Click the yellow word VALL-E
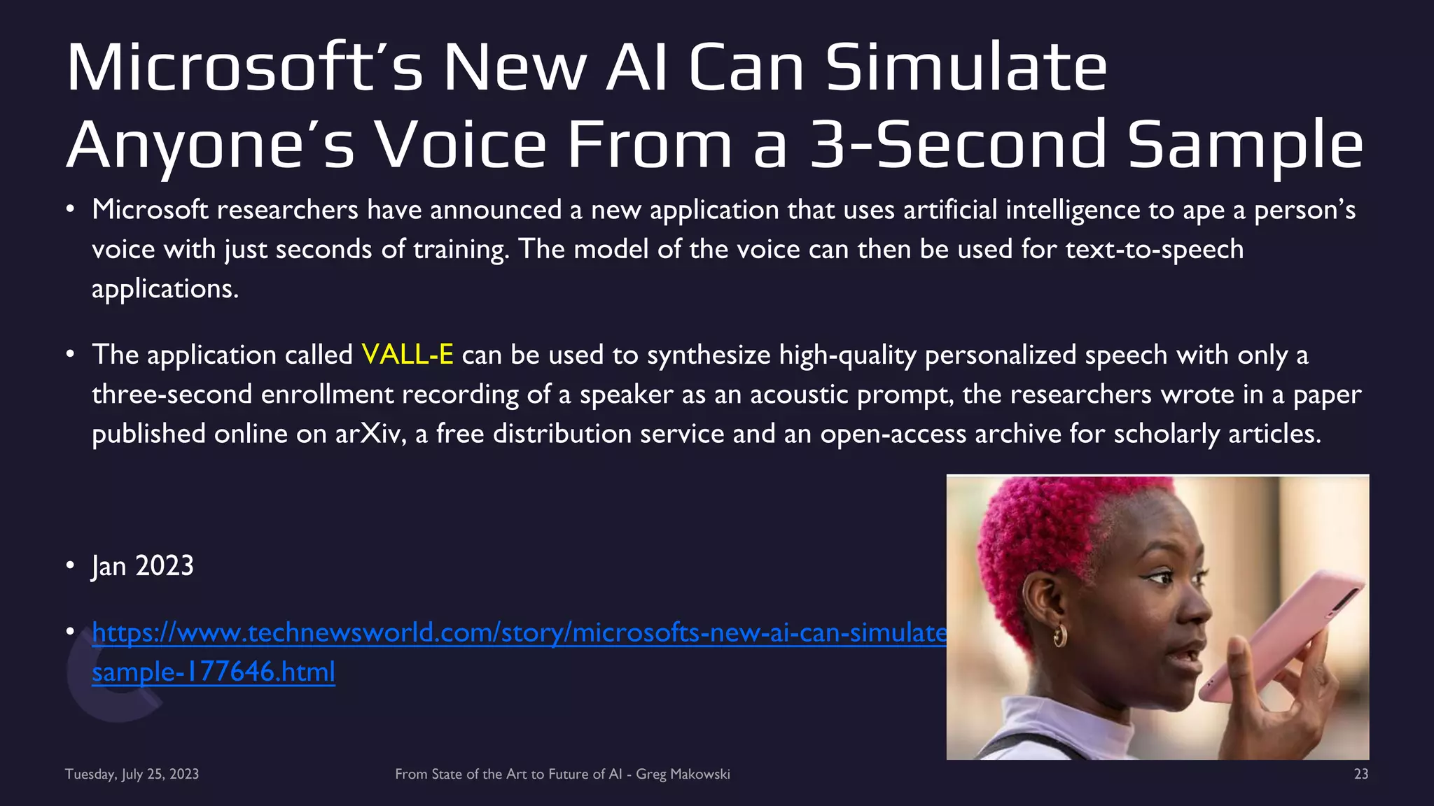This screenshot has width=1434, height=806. tap(407, 355)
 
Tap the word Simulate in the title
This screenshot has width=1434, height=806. tap(966, 68)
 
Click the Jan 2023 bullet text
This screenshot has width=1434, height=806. tap(142, 566)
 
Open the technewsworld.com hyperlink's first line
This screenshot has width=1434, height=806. tap(519, 632)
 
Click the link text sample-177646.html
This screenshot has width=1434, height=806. tap(214, 672)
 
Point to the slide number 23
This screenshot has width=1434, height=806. tap(1360, 774)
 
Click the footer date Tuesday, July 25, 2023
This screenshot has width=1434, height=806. tap(132, 774)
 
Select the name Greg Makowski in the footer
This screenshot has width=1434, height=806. tap(683, 774)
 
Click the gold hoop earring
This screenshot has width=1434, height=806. tap(1059, 635)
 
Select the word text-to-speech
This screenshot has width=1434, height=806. tap(1154, 249)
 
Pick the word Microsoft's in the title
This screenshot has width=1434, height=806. tap(244, 68)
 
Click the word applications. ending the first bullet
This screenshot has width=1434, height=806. tap(165, 289)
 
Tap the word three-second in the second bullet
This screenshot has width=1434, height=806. tap(172, 395)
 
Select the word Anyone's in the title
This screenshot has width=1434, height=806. tap(211, 145)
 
